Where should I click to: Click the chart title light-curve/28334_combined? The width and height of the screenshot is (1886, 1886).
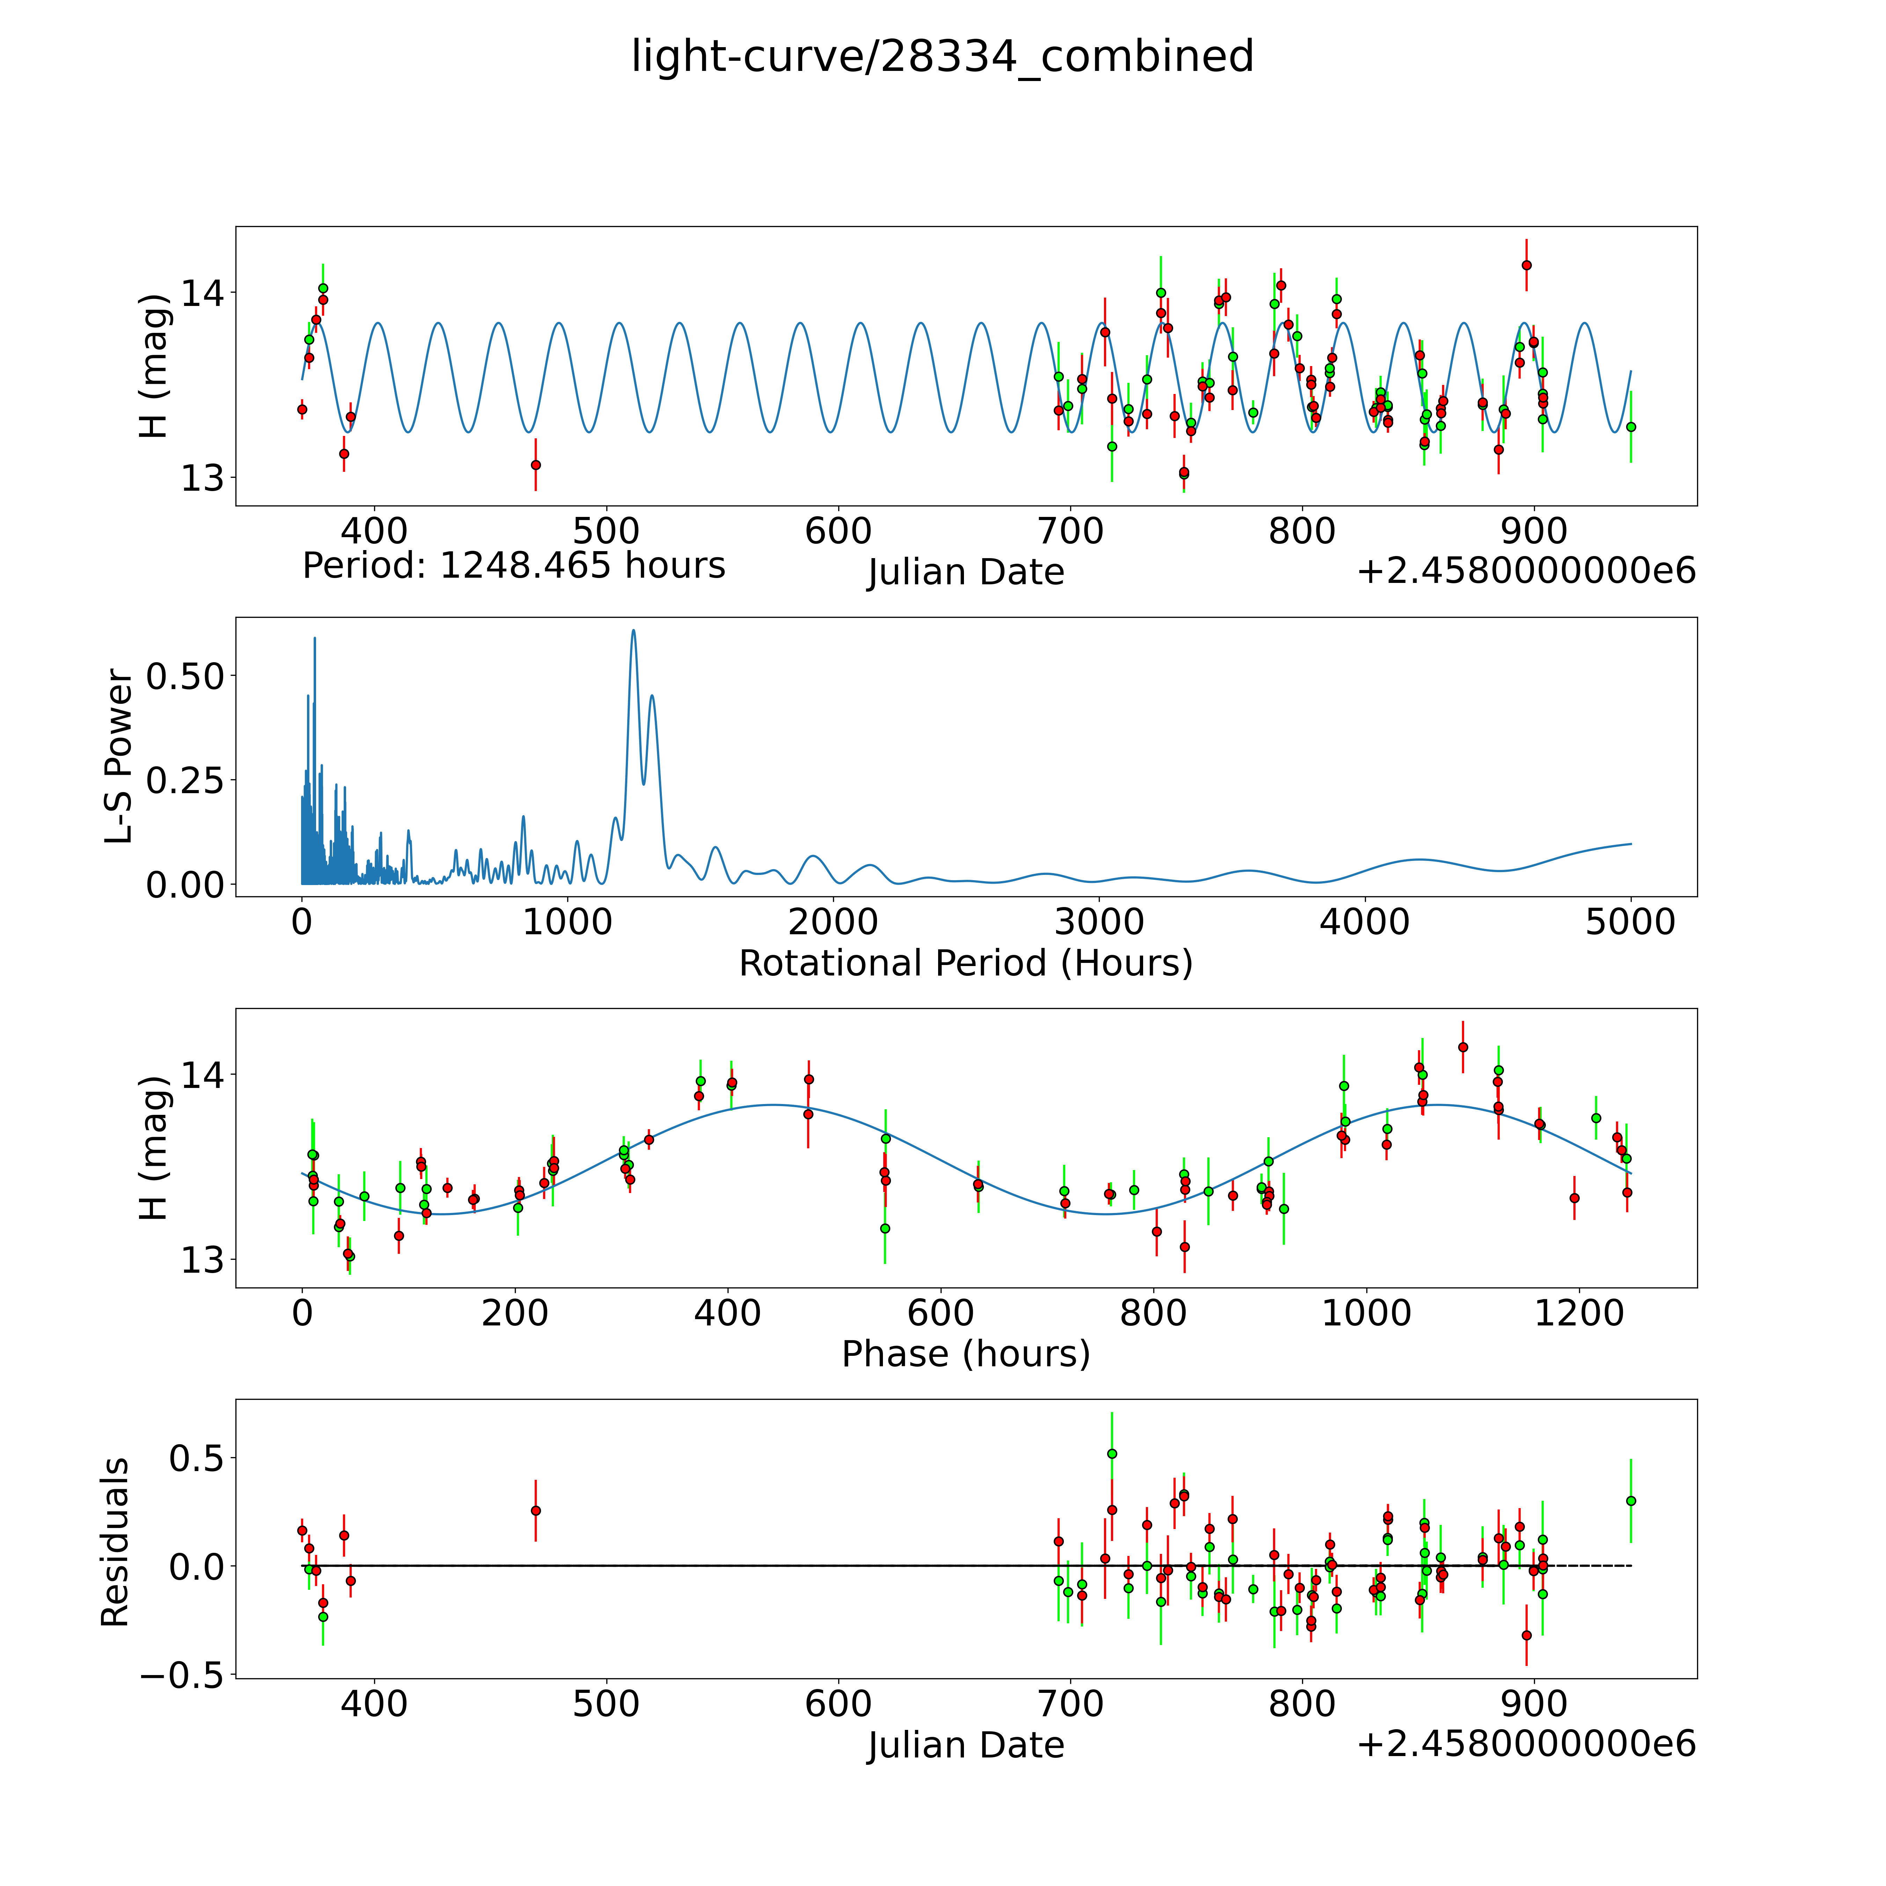(942, 57)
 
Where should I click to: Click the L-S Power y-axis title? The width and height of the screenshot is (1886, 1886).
(119, 756)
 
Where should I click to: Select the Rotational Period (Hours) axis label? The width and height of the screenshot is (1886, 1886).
(965, 964)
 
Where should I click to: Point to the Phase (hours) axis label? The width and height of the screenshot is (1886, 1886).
(965, 1354)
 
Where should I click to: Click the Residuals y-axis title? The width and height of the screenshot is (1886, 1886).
(115, 1542)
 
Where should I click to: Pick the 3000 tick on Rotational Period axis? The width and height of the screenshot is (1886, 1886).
(1099, 922)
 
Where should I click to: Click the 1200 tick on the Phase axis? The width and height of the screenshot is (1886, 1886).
(1579, 1313)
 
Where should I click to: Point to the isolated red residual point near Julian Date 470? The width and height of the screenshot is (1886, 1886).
(535, 1510)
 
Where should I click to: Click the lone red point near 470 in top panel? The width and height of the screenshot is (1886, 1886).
(535, 465)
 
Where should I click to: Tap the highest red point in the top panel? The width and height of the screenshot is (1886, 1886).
(1526, 264)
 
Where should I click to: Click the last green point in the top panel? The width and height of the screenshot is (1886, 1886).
(1630, 426)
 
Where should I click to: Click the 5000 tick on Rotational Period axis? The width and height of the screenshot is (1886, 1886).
(1630, 922)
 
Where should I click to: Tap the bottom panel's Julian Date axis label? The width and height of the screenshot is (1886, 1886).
(965, 1745)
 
